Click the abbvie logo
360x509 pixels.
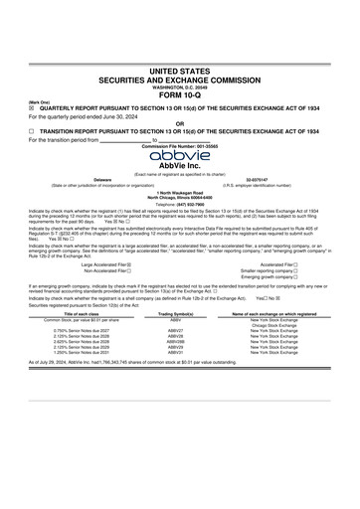[x=180, y=154]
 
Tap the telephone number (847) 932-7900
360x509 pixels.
[x=180, y=203]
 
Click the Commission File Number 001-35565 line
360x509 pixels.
[x=180, y=146]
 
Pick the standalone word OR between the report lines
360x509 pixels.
[x=180, y=123]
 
